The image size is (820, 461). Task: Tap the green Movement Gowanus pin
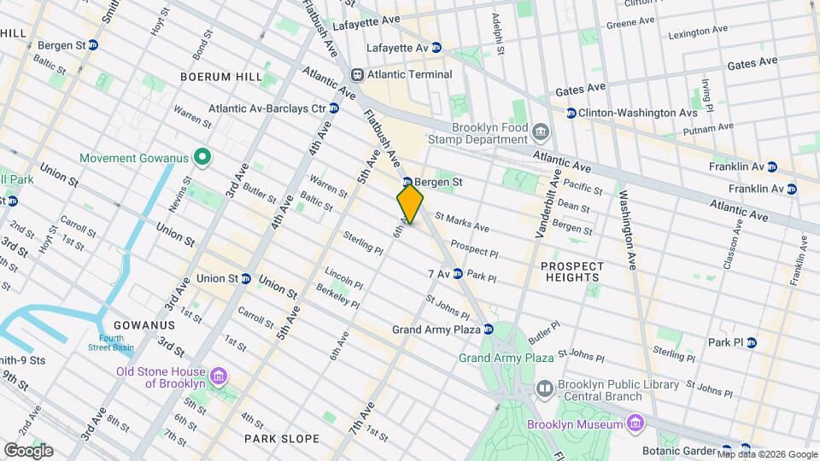click(202, 158)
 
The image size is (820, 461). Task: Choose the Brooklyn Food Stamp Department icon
click(540, 133)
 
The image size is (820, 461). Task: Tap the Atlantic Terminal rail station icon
click(358, 74)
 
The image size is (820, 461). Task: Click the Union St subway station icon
click(247, 278)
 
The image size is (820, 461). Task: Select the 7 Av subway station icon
click(458, 274)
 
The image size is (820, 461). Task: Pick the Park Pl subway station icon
click(751, 342)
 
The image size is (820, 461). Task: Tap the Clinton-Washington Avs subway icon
click(569, 113)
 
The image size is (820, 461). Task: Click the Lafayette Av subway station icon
click(436, 48)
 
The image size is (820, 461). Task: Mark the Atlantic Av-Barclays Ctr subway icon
click(334, 108)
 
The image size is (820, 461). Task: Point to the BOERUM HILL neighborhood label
click(221, 77)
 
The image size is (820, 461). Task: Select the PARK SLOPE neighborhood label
click(282, 439)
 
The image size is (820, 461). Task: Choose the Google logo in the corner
click(27, 451)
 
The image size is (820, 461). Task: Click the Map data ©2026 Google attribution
click(765, 454)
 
